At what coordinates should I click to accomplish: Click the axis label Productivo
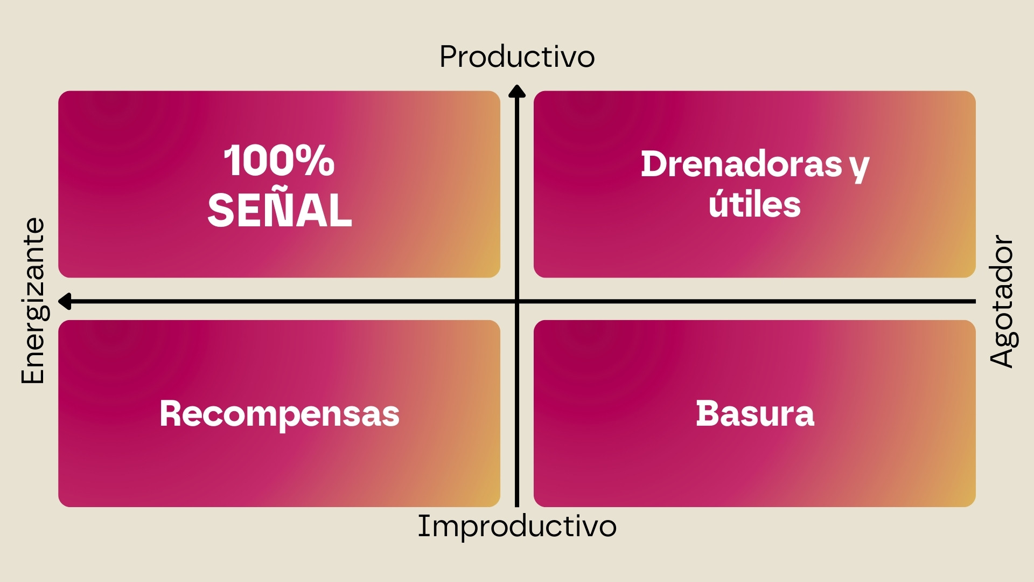coord(517,57)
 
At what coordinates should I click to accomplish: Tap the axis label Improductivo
coord(517,526)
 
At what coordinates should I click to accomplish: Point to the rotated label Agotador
coord(1002,301)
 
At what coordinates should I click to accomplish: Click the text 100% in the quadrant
coord(279,161)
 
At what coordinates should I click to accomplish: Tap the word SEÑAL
coord(280,210)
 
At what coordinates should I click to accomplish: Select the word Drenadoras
coord(741,164)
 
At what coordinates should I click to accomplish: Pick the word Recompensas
coord(280,414)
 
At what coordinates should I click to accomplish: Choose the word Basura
coord(755,414)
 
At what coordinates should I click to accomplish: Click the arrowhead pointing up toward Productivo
coord(517,92)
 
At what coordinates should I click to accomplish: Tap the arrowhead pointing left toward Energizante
coord(65,301)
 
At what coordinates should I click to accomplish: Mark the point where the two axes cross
coord(517,301)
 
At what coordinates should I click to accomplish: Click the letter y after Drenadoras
coord(860,167)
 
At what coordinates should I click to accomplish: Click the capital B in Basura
coord(707,414)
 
